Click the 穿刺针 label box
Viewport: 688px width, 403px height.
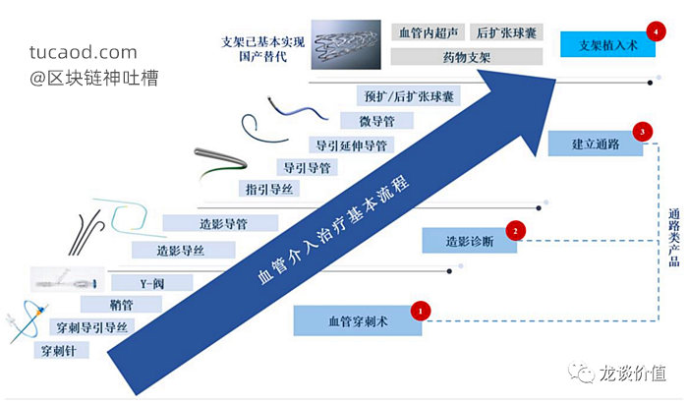[x=61, y=350]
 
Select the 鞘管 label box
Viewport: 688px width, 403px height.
[x=121, y=305]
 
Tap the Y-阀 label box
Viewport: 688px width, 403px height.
[x=151, y=283]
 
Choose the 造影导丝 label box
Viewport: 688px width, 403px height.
[x=184, y=251]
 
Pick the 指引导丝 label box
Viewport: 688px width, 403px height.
[x=269, y=189]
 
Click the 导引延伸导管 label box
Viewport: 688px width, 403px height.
[x=352, y=144]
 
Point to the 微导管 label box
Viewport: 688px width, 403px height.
[x=376, y=121]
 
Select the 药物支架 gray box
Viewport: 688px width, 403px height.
[x=467, y=57]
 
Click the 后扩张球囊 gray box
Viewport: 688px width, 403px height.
[x=506, y=32]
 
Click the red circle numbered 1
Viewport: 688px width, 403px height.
[x=421, y=311]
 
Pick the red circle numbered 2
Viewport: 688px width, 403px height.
[x=515, y=230]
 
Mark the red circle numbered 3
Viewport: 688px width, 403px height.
[x=643, y=132]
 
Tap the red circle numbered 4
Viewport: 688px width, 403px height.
[x=656, y=31]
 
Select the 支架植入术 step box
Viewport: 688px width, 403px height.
[x=607, y=44]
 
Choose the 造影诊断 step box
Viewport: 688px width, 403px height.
[x=469, y=241]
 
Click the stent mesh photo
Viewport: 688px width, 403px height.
[x=346, y=44]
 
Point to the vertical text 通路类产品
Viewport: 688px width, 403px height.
[x=673, y=237]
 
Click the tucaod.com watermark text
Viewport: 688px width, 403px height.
[x=84, y=52]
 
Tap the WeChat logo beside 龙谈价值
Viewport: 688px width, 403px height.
[x=581, y=373]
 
